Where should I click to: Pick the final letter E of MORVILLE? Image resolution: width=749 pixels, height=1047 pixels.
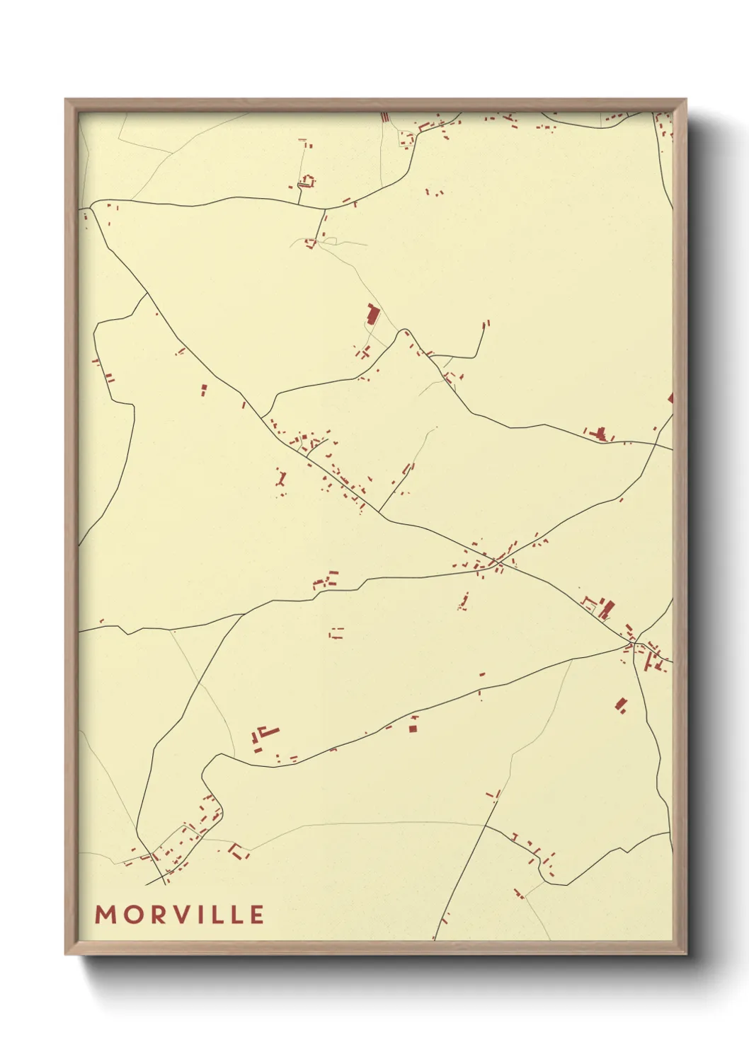click(x=257, y=915)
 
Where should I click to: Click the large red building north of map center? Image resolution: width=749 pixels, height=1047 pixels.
click(x=372, y=313)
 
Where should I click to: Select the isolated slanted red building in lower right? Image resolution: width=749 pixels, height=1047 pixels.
click(x=621, y=704)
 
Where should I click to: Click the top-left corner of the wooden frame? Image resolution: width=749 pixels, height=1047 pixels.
click(x=66, y=100)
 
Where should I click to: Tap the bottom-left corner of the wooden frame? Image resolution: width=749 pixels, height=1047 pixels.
click(x=66, y=954)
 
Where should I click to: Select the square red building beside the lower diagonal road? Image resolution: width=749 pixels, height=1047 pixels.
click(x=414, y=727)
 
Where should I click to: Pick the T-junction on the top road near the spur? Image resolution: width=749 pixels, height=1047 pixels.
click(x=325, y=209)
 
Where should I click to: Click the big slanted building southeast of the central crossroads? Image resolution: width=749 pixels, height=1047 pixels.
click(x=607, y=608)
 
